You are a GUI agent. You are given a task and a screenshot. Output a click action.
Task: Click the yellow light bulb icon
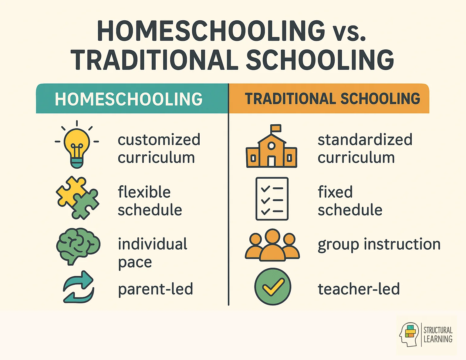77,146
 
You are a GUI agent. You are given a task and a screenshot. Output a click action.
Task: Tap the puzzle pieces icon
77,198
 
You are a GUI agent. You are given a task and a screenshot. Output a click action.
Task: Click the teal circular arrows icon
79,287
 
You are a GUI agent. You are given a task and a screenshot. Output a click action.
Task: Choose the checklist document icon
272,199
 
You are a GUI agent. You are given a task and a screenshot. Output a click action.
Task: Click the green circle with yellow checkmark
273,287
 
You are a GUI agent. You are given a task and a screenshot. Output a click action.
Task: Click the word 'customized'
159,140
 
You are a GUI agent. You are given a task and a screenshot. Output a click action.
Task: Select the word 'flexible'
144,192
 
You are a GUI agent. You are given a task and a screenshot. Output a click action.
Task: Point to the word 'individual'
153,244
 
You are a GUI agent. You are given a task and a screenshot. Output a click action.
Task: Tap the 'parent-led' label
155,289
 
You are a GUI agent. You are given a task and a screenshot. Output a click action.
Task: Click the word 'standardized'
365,140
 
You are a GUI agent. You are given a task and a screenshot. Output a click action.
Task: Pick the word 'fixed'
335,192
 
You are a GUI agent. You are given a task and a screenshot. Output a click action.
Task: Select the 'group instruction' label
379,244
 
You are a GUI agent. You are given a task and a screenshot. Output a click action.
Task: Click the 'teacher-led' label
359,289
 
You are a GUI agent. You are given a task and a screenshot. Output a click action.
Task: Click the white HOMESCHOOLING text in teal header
129,99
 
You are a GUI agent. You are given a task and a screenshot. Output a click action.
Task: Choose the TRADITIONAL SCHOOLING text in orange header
332,99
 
